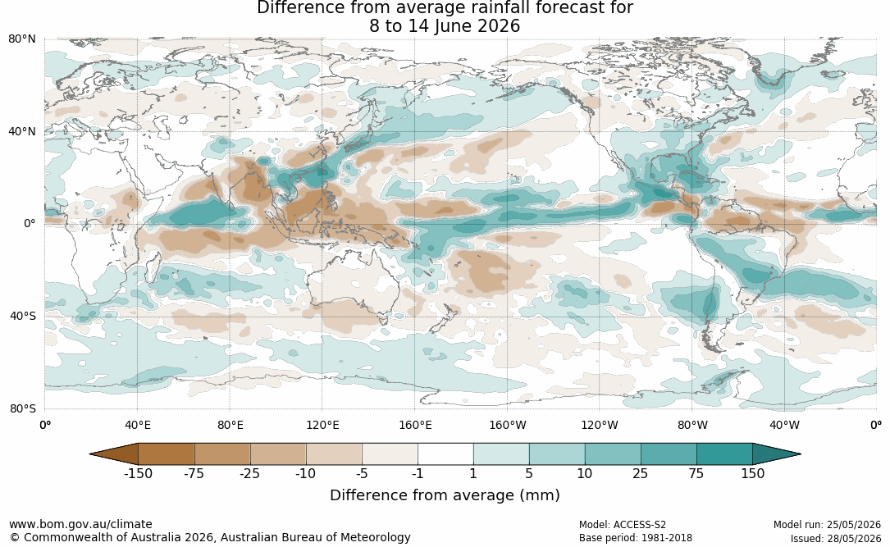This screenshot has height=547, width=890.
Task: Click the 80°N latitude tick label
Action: point(21,39)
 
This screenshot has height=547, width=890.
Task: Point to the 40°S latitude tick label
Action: point(22,316)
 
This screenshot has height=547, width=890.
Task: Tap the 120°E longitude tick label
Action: point(322,425)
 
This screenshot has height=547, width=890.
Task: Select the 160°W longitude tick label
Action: point(508,425)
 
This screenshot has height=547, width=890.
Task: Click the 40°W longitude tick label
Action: point(785,425)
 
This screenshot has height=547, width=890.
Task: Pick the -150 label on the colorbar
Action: point(138,474)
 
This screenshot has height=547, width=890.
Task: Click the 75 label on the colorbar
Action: point(696,474)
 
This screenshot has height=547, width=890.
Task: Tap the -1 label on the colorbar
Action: point(418,474)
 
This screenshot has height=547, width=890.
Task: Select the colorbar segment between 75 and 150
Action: point(724,454)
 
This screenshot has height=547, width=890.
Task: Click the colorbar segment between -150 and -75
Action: point(167,454)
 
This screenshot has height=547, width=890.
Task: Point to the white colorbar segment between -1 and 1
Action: point(445,454)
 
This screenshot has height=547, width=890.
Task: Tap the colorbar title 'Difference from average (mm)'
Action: point(445,495)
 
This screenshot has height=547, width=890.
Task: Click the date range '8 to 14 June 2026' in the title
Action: point(445,26)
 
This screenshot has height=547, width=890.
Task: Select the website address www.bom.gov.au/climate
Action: point(80,524)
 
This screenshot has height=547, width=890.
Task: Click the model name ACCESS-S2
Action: point(640,525)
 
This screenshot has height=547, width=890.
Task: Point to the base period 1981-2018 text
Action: point(665,538)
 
